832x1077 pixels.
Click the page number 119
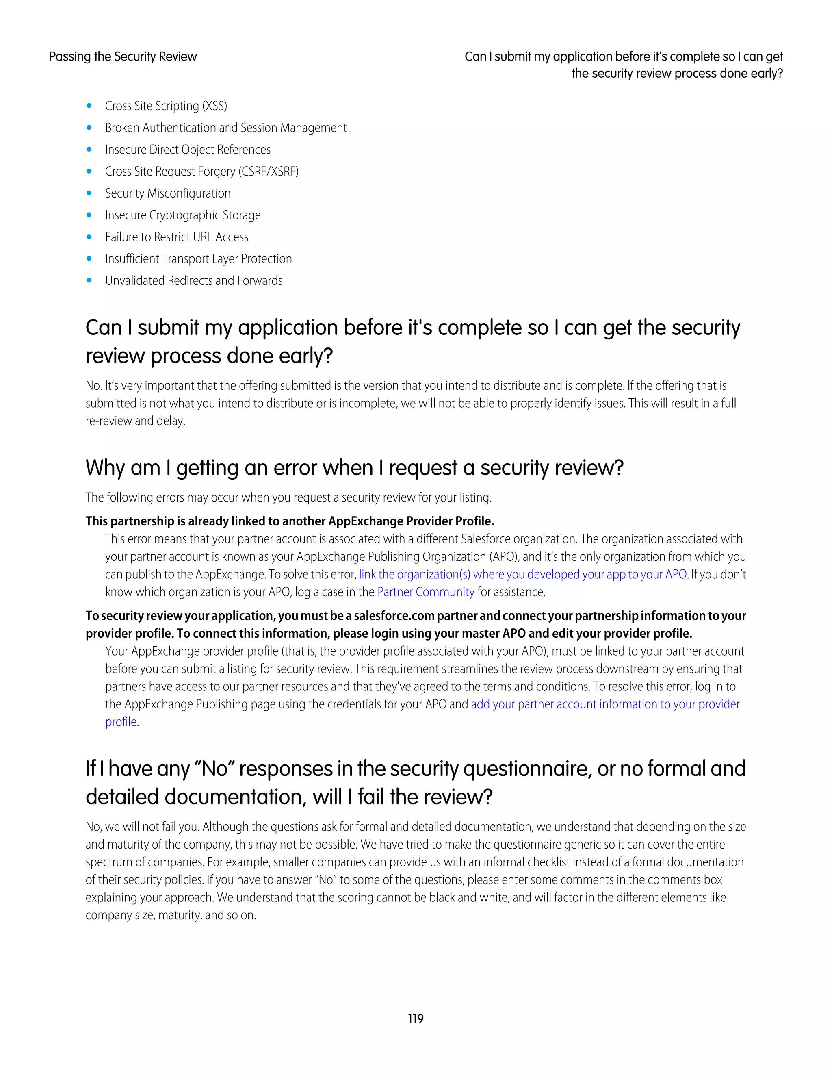(416, 1018)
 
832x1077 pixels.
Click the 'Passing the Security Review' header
(123, 57)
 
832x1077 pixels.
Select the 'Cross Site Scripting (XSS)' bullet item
(166, 106)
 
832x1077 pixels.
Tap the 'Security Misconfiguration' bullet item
(168, 193)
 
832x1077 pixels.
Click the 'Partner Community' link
(425, 592)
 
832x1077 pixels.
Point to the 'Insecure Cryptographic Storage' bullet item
(182, 215)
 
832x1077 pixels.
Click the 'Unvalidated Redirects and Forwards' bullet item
(194, 280)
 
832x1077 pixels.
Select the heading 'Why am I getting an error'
(354, 467)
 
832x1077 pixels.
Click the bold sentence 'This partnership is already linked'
(289, 521)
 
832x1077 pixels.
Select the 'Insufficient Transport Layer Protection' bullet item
(198, 259)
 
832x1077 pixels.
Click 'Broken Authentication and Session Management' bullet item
(226, 128)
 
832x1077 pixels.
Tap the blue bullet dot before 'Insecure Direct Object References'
(89, 150)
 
